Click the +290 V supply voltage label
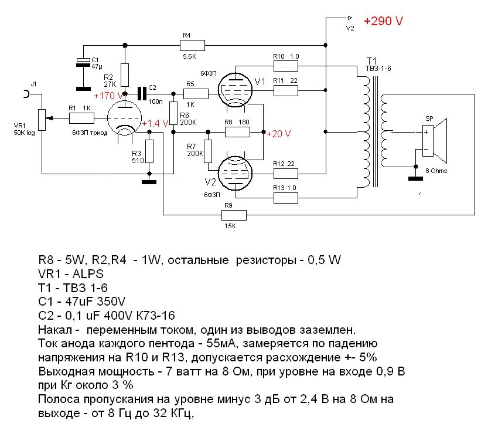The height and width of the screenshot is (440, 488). [x=383, y=21]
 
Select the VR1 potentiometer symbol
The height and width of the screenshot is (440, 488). [x=42, y=119]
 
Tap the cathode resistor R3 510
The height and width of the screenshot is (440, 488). [x=149, y=151]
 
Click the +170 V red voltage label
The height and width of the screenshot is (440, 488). [x=107, y=95]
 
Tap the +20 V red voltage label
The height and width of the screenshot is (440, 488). [x=278, y=134]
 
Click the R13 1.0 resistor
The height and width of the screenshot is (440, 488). [x=286, y=197]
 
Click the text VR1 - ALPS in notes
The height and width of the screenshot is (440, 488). [x=72, y=273]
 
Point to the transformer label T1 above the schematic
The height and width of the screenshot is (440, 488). [x=371, y=61]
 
